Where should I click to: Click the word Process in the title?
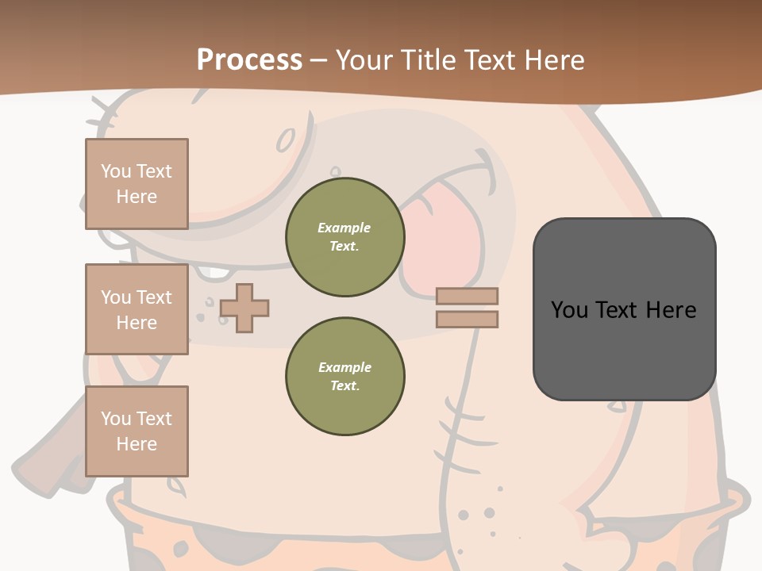249,60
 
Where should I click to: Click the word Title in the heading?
429,60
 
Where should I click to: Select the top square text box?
137,184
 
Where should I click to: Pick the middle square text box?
137,309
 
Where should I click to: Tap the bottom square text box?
137,431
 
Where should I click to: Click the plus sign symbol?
244,308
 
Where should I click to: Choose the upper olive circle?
345,237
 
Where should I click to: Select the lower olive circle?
345,377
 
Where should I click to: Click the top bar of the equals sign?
467,296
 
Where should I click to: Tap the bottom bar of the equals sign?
467,320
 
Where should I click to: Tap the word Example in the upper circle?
344,228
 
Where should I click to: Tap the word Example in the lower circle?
344,367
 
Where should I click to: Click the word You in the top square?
115,171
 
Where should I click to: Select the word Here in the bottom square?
137,444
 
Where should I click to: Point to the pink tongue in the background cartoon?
444,238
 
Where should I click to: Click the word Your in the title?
364,60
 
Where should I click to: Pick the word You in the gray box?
569,310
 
